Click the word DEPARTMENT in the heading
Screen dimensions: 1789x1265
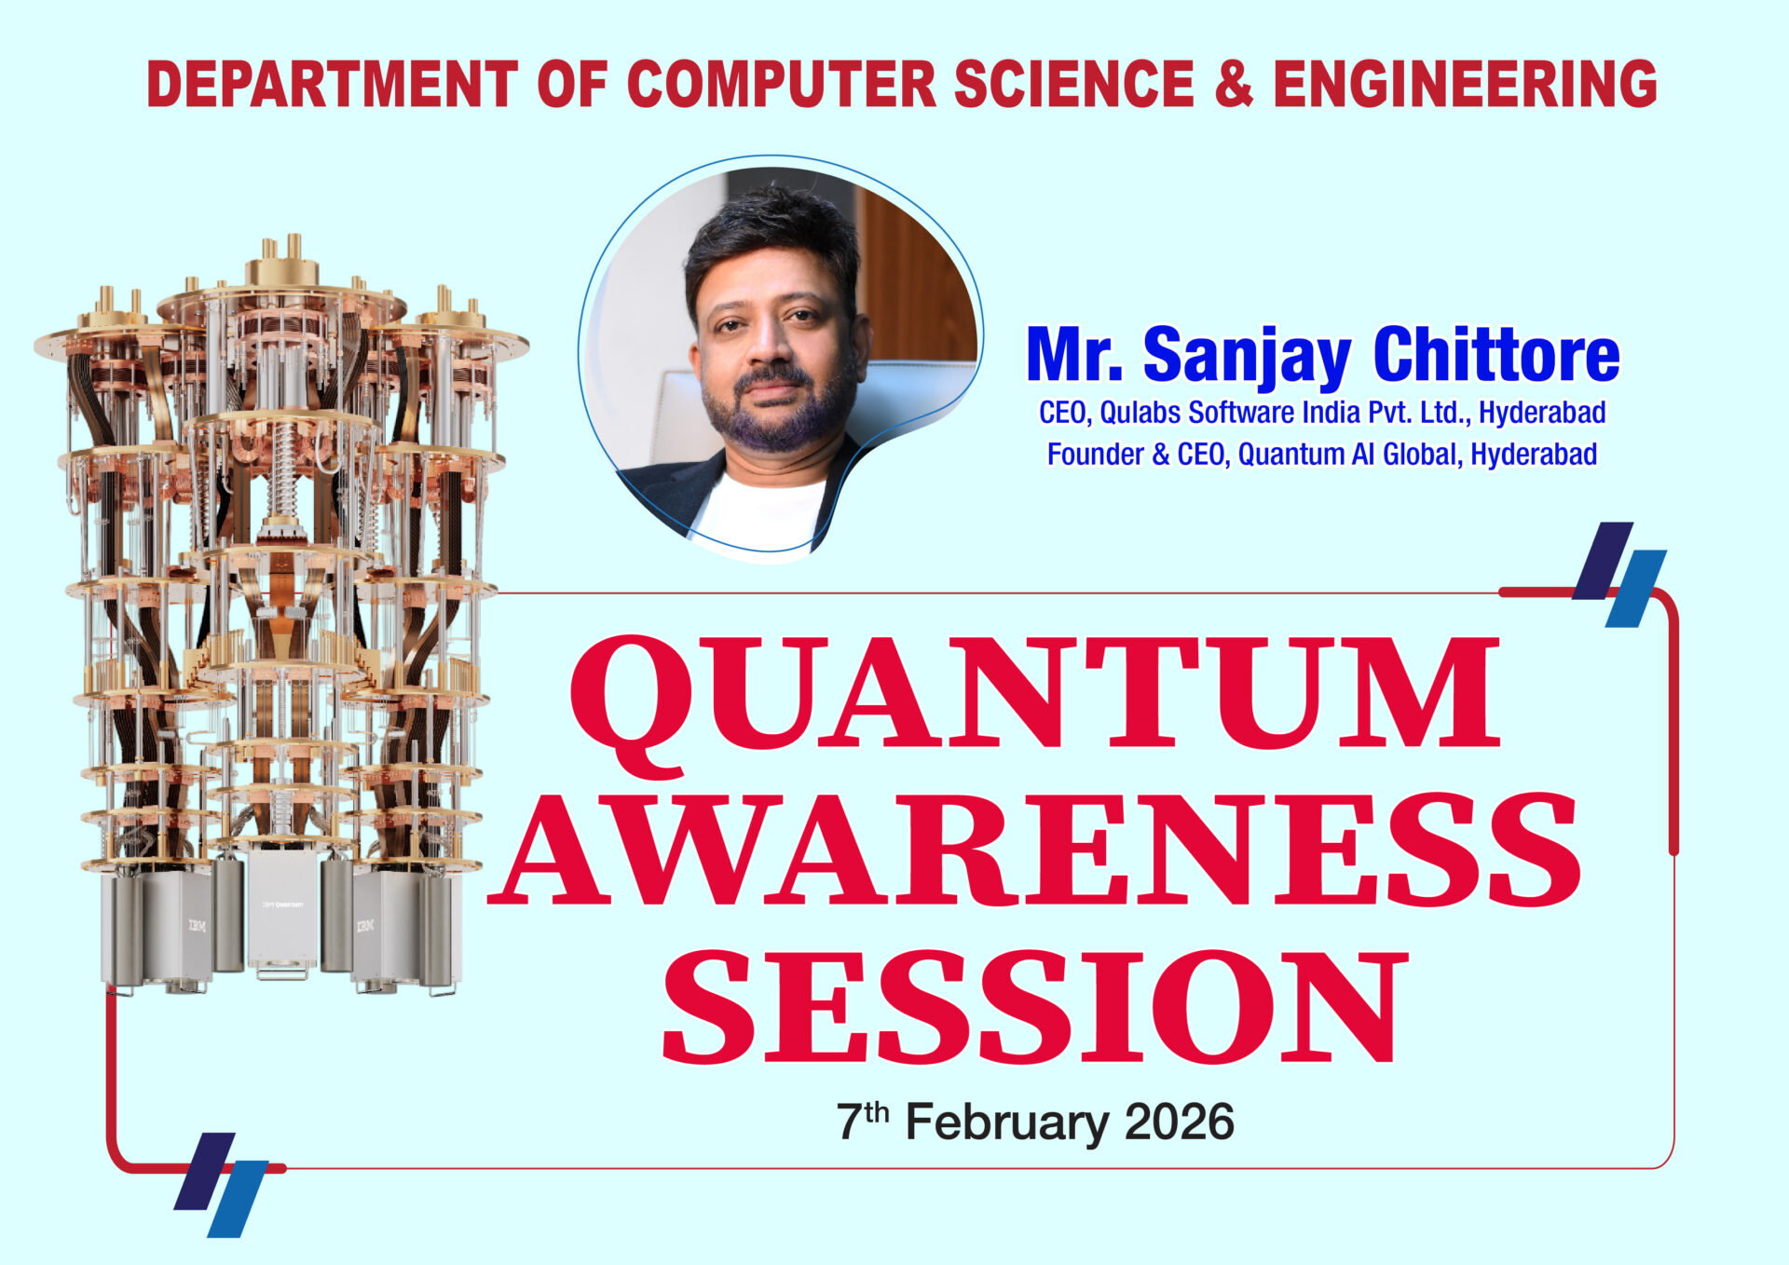pos(332,84)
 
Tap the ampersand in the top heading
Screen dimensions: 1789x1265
pos(1235,84)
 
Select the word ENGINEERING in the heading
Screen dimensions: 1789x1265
pos(1465,84)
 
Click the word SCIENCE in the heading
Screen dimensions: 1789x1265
pos(1074,84)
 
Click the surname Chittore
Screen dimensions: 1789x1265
pos(1496,354)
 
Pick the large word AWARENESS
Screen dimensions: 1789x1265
pos(1035,850)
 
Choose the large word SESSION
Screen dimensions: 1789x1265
pos(1033,1007)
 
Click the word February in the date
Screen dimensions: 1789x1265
pos(1007,1122)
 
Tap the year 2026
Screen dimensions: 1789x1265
pos(1179,1122)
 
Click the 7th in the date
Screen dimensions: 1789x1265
pos(863,1121)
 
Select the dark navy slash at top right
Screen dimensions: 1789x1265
pos(1603,560)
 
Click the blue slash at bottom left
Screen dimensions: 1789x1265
pos(238,1199)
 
